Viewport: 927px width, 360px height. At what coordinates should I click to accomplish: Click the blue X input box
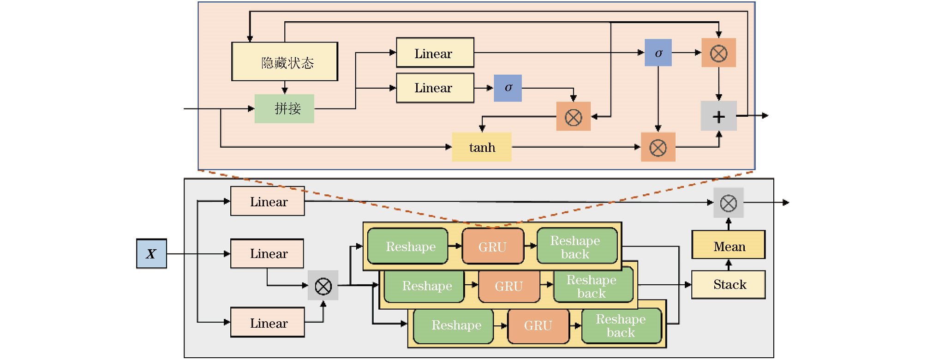(151, 253)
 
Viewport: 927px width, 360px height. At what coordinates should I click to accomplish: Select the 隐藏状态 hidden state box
(285, 62)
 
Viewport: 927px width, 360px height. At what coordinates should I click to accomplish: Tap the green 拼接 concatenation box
(284, 109)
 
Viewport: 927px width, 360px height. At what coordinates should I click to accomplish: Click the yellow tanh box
(481, 147)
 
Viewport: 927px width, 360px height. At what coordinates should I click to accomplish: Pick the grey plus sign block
(718, 116)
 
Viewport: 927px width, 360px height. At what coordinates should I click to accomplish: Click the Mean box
(728, 245)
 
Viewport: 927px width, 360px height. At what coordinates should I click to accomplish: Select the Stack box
(728, 285)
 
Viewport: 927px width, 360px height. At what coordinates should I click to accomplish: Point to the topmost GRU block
(493, 246)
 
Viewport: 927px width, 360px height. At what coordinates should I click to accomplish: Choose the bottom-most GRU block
(538, 326)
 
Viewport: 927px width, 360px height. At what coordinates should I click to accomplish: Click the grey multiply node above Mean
(729, 203)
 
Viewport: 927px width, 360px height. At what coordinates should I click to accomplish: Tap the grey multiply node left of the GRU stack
(323, 286)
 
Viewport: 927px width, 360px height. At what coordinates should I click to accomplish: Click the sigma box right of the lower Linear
(508, 88)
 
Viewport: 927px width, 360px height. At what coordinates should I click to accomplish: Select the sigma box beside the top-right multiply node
(658, 53)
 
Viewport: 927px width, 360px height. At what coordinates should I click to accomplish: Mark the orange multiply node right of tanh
(658, 147)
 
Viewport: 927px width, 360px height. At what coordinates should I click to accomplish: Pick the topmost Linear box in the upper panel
(435, 53)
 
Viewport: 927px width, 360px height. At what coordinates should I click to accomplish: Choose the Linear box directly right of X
(267, 253)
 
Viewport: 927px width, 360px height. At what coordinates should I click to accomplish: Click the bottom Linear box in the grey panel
(267, 323)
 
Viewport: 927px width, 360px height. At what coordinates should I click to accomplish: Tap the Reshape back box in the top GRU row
(577, 246)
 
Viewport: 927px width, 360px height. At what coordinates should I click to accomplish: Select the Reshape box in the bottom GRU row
(454, 326)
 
